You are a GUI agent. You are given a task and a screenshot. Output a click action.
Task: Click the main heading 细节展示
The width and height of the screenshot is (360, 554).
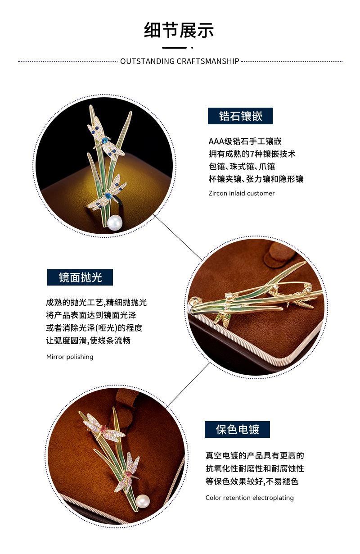pos(179,30)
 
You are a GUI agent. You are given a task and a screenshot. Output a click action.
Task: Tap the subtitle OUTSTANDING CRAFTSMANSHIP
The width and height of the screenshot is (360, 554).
pos(180,61)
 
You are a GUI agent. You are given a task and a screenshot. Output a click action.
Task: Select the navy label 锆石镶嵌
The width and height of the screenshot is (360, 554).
pos(240,116)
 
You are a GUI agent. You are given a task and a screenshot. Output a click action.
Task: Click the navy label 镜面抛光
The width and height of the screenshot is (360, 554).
pos(80,277)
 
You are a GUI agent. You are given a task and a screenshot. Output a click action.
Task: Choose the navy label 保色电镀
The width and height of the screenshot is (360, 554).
pos(237,430)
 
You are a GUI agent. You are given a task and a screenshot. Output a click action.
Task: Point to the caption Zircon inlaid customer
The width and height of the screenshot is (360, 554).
pos(241,193)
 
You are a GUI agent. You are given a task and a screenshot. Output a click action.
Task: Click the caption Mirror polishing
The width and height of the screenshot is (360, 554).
pos(70,357)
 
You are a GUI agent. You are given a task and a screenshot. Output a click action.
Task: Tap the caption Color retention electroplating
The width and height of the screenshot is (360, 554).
pos(249,498)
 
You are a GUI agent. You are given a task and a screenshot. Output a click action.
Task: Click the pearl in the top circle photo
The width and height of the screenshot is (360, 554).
pos(115,223)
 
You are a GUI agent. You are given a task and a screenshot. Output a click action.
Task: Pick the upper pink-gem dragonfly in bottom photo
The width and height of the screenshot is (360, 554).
pos(103,428)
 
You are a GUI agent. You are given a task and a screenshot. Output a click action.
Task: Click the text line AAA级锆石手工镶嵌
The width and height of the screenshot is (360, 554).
pos(245,141)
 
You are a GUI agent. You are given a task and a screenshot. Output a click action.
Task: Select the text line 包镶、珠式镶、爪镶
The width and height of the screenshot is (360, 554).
pos(242,167)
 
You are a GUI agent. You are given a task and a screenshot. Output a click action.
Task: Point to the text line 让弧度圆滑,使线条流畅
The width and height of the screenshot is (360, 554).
pos(88,341)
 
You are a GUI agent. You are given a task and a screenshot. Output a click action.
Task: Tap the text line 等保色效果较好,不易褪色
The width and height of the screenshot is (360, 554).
pos(252,481)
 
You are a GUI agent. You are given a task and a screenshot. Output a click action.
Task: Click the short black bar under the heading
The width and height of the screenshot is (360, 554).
pos(174,47)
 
